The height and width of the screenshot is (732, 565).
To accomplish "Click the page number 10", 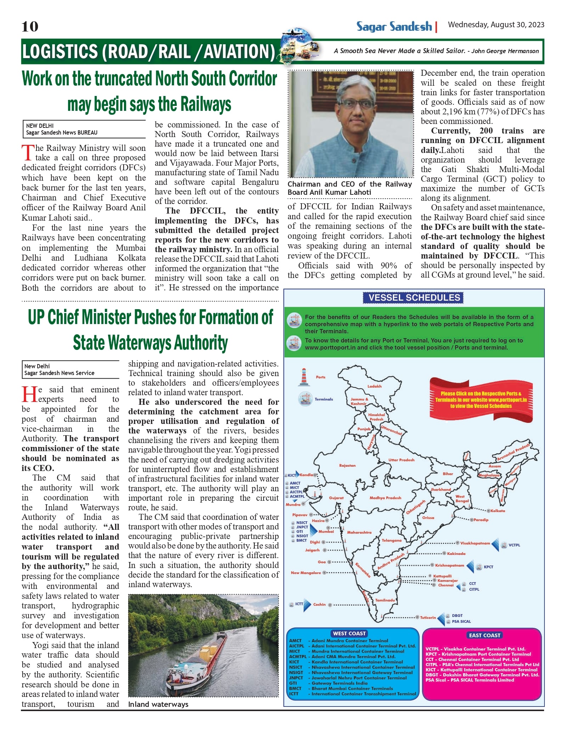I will coord(30,27).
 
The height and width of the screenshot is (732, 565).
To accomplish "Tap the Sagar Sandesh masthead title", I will coord(394,27).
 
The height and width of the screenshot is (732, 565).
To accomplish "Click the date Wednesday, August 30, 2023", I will coord(496,25).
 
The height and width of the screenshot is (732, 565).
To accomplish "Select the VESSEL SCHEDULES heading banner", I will coord(414,298).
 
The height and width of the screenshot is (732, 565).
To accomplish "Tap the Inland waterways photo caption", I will coord(158,704).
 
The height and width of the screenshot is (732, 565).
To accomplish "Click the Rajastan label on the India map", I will coord(347,465).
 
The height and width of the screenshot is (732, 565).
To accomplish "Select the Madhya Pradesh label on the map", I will coord(385,498).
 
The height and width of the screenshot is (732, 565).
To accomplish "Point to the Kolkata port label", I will coord(498,511).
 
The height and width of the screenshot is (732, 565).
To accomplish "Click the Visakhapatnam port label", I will coord(475,543).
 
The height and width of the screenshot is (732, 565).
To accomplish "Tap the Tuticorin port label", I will coord(428,617).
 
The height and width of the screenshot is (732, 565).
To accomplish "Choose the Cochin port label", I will coord(319,604).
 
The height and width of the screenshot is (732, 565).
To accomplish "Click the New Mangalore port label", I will coord(306,573).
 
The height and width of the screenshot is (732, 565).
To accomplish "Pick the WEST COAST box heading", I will coord(349,634).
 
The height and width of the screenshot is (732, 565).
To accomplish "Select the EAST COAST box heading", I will coord(485,635).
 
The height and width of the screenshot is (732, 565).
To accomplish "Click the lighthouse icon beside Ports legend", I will coord(304,377).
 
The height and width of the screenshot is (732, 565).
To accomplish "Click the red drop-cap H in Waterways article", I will coord(29,395).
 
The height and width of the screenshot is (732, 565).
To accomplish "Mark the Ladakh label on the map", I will coord(374,386).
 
